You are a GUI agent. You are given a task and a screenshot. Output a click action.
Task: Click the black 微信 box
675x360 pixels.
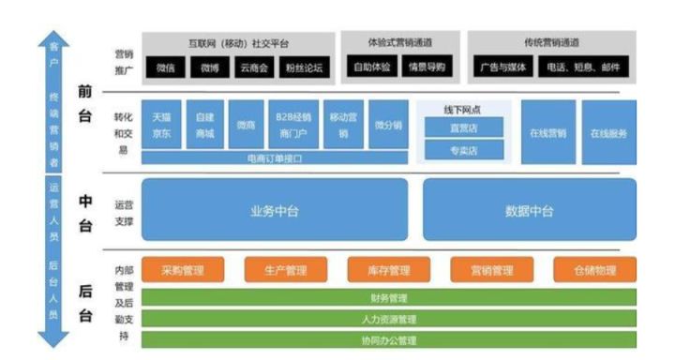[166, 67]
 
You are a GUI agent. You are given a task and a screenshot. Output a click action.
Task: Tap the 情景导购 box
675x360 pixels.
[426, 67]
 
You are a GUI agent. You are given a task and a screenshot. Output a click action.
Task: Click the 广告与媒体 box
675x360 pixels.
[503, 67]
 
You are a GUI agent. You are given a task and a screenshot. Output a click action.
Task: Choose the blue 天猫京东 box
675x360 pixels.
[161, 126]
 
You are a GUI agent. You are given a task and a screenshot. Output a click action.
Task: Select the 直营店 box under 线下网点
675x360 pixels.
[464, 127]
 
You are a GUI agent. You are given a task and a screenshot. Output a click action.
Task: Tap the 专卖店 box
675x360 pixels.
[464, 149]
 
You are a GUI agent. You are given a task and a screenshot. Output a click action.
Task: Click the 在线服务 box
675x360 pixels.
[608, 132]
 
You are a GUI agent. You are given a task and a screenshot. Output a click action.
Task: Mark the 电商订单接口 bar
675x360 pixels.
[275, 158]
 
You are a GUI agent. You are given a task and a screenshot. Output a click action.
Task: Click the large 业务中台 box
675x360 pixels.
[275, 211]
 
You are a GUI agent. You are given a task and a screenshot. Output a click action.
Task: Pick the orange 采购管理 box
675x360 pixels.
[183, 270]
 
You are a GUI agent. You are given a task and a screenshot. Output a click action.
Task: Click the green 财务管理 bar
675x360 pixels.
[388, 298]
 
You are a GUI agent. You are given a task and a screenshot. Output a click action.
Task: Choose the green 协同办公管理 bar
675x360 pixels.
[388, 340]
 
